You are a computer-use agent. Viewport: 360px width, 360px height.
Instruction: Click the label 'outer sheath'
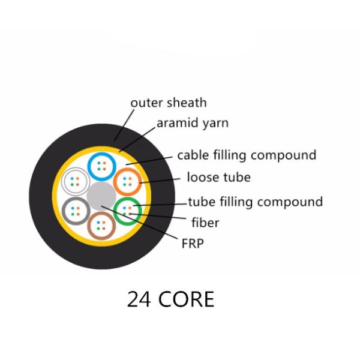tap(168, 103)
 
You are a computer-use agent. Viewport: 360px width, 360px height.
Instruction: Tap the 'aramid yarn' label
tap(192, 124)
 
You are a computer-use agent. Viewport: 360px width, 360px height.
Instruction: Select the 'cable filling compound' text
tap(246, 155)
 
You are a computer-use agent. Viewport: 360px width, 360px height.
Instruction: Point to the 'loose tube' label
tap(218, 178)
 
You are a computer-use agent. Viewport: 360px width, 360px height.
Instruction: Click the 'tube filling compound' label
tap(255, 202)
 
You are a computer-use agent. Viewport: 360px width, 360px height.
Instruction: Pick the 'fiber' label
tap(205, 223)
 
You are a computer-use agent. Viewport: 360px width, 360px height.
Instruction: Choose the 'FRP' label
tap(193, 244)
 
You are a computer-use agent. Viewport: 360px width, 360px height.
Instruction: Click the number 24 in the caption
tap(139, 299)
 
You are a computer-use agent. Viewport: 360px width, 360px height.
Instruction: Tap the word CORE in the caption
tap(187, 299)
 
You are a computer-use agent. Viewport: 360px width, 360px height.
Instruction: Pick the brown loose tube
tap(101, 225)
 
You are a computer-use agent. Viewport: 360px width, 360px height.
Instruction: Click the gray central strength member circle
tap(101, 196)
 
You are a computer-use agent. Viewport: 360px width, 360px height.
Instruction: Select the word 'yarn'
tap(214, 124)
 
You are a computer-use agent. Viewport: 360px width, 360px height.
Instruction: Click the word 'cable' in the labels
tap(192, 155)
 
